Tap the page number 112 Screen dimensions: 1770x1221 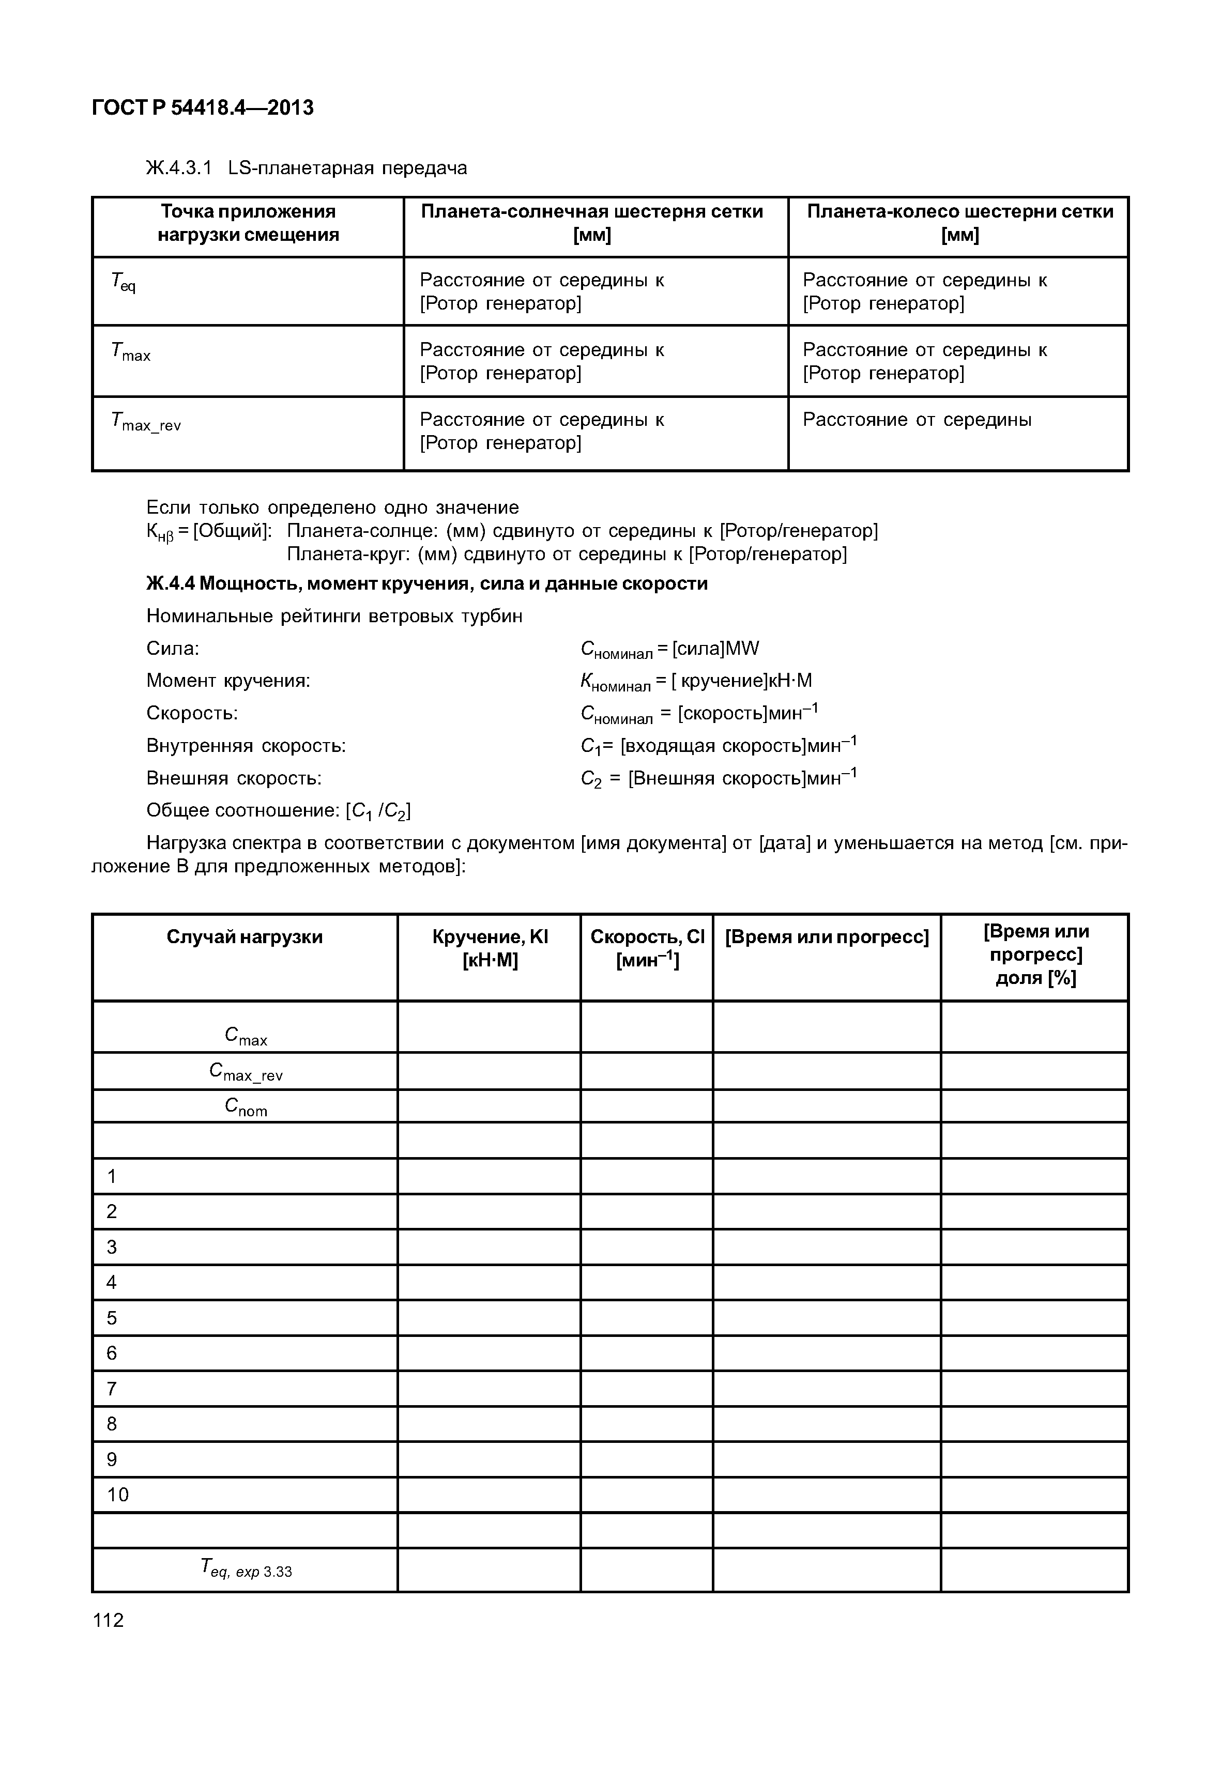pos(108,1620)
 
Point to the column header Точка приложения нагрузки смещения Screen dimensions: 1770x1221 pos(248,223)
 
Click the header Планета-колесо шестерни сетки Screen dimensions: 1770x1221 pos(959,223)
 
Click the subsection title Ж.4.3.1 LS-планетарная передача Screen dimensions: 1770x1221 pos(306,167)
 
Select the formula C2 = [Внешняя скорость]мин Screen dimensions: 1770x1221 pos(719,779)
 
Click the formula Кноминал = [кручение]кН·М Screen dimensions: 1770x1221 pos(696,681)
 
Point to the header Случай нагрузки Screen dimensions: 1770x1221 pos(245,937)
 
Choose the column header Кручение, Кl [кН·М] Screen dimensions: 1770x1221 pos(490,948)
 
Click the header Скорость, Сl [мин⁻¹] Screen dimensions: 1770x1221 pos(647,948)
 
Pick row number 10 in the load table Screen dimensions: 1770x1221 pos(118,1495)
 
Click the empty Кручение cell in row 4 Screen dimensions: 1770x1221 pos(489,1282)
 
